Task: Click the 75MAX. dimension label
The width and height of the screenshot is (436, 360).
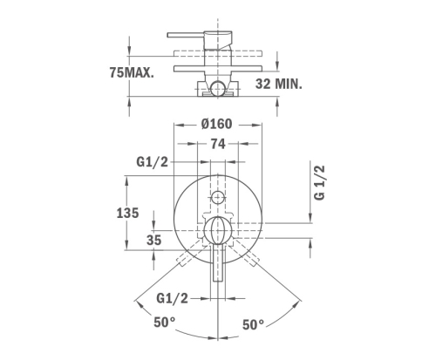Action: (x=132, y=72)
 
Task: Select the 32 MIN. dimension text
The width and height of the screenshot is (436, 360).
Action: (x=279, y=84)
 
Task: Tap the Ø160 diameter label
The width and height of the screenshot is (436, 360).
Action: (x=217, y=124)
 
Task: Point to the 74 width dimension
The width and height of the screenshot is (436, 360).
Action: (x=218, y=144)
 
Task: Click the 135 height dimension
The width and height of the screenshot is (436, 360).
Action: (x=127, y=213)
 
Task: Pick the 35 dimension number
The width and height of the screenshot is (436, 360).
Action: (x=153, y=241)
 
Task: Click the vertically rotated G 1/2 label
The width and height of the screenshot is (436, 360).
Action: (x=319, y=182)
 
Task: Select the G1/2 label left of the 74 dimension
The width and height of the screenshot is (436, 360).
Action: (x=153, y=162)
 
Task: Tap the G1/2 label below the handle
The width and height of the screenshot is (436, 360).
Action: (x=172, y=298)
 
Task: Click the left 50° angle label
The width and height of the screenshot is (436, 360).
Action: (x=165, y=323)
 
